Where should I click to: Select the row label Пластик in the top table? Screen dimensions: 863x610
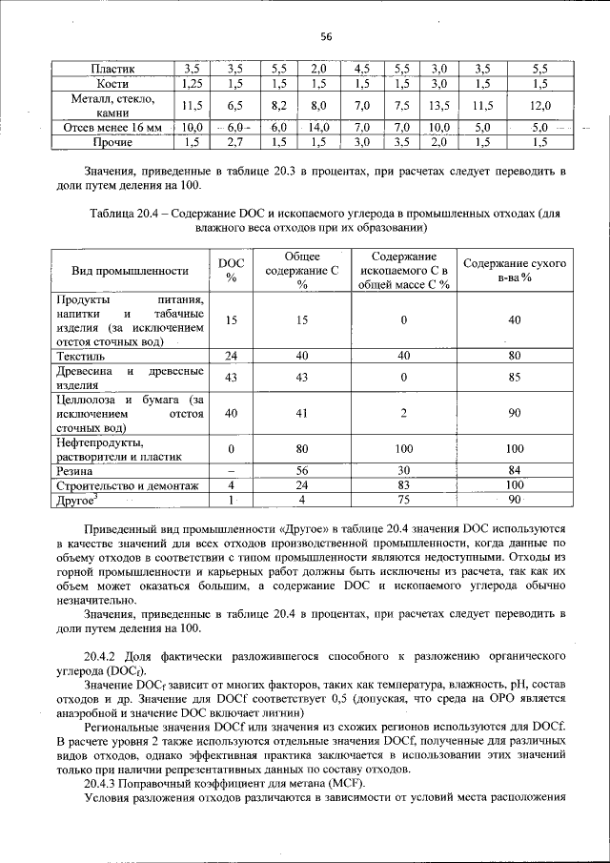point(112,70)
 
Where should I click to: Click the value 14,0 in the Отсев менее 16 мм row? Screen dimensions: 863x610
point(319,127)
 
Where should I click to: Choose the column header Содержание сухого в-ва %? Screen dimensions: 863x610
point(514,270)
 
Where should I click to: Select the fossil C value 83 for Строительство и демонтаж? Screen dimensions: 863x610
point(403,485)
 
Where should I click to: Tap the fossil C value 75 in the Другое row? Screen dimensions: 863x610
point(403,500)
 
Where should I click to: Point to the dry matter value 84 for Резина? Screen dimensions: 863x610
point(515,471)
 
